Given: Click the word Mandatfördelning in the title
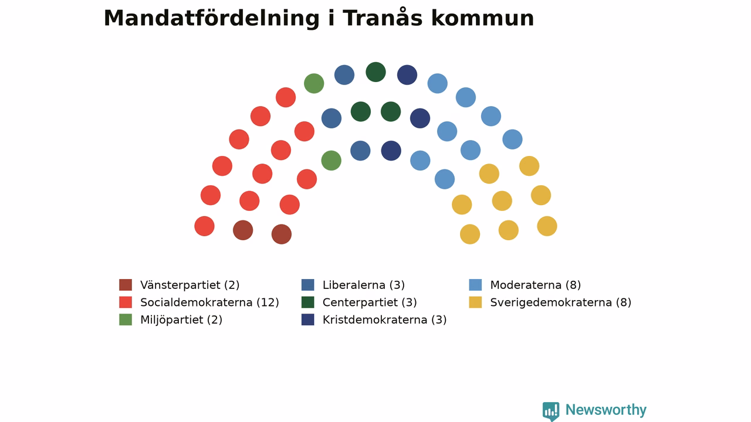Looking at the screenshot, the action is pyautogui.click(x=212, y=19).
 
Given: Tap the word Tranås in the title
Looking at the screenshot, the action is pyautogui.click(x=383, y=18).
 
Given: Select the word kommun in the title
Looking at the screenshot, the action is pyautogui.click(x=482, y=18).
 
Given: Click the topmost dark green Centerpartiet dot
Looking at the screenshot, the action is pyautogui.click(x=376, y=72).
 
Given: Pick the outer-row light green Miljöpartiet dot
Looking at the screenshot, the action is pyautogui.click(x=314, y=83).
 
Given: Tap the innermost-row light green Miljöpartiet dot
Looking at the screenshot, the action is pyautogui.click(x=331, y=161).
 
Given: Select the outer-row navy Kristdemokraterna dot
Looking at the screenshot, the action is pyautogui.click(x=407, y=74).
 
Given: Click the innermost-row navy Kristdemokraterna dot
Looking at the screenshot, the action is pyautogui.click(x=391, y=151).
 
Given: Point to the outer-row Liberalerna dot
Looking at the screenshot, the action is pyautogui.click(x=344, y=74).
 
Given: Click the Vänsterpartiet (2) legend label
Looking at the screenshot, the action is pyautogui.click(x=190, y=285).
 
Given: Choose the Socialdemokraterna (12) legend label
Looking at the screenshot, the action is pyautogui.click(x=209, y=302).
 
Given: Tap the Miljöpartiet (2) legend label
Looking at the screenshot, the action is pyautogui.click(x=181, y=320).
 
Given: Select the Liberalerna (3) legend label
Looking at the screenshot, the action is pyautogui.click(x=364, y=285).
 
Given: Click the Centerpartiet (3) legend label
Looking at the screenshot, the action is pyautogui.click(x=370, y=302).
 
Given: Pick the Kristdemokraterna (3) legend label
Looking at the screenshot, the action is pyautogui.click(x=384, y=320).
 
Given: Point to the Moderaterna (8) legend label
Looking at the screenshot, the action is pyautogui.click(x=536, y=285).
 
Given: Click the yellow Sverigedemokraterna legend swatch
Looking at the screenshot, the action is pyautogui.click(x=475, y=302).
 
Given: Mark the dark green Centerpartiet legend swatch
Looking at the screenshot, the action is pyautogui.click(x=308, y=302).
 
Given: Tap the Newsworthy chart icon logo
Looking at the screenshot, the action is pyautogui.click(x=551, y=411).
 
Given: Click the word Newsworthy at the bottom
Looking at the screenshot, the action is pyautogui.click(x=606, y=410).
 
